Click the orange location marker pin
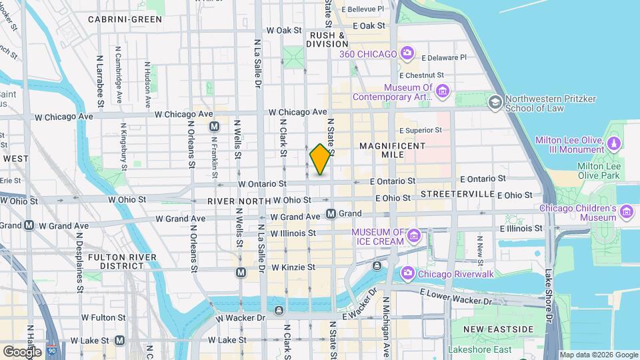click(x=321, y=159)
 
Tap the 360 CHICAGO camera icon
click(x=406, y=53)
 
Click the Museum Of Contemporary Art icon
click(x=443, y=91)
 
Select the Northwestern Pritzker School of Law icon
click(x=495, y=102)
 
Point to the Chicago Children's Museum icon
click(x=626, y=212)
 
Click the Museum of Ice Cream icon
click(x=414, y=235)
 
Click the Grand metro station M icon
click(x=331, y=213)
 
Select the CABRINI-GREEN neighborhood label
click(x=125, y=19)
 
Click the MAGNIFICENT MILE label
click(x=392, y=149)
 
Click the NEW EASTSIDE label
click(x=499, y=329)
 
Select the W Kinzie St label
click(x=293, y=267)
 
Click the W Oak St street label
click(x=284, y=30)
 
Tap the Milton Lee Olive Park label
click(x=599, y=171)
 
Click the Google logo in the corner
click(x=22, y=351)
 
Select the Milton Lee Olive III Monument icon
click(x=614, y=143)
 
